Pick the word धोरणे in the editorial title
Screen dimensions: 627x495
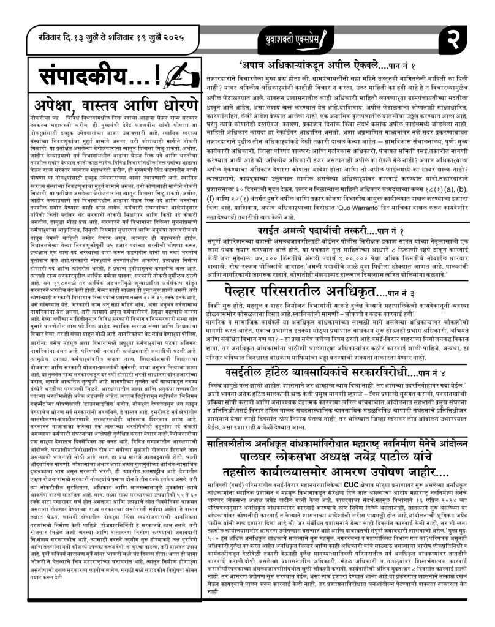tap(172, 103)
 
